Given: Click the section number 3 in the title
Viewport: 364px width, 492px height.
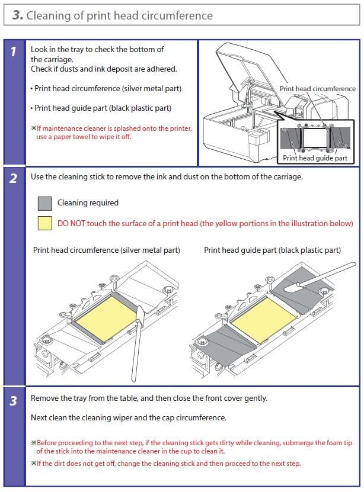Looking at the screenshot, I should pyautogui.click(x=17, y=16).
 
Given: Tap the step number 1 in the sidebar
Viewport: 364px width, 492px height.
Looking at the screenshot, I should pyautogui.click(x=14, y=52).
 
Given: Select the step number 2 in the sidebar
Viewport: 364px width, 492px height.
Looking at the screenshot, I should pyautogui.click(x=14, y=179).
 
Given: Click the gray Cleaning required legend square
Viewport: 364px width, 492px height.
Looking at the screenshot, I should pyautogui.click(x=44, y=204).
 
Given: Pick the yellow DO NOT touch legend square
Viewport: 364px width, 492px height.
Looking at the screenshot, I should pyautogui.click(x=44, y=223).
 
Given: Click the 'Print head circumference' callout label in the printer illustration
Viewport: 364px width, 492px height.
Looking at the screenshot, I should pyautogui.click(x=317, y=89).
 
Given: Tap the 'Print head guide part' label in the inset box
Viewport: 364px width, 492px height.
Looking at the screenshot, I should pyautogui.click(x=315, y=158).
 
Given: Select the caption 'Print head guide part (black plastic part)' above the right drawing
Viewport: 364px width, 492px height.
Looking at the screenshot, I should pyautogui.click(x=272, y=250).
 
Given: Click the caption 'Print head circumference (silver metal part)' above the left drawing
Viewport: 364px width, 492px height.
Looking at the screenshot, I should pyautogui.click(x=106, y=250).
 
